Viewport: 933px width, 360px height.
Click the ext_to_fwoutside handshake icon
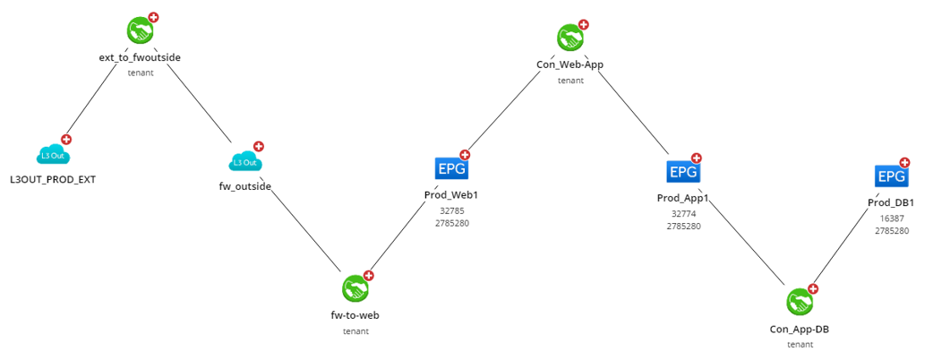(140, 31)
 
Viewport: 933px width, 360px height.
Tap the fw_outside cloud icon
(244, 162)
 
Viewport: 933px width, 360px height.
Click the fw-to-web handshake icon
(355, 288)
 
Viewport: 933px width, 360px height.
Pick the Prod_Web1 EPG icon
(450, 167)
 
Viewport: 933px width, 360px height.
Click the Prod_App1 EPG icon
(682, 171)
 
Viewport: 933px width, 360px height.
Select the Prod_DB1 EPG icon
(890, 176)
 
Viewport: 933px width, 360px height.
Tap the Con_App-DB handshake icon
(799, 302)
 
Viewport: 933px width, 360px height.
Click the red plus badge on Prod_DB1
(904, 163)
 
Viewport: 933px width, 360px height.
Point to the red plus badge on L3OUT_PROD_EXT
(66, 140)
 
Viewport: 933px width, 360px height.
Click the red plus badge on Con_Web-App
(583, 24)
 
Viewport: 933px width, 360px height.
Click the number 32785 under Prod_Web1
(452, 211)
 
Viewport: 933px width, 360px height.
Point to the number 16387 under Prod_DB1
(891, 218)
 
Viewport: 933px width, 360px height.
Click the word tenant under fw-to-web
(355, 330)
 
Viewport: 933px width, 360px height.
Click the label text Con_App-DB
(800, 329)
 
